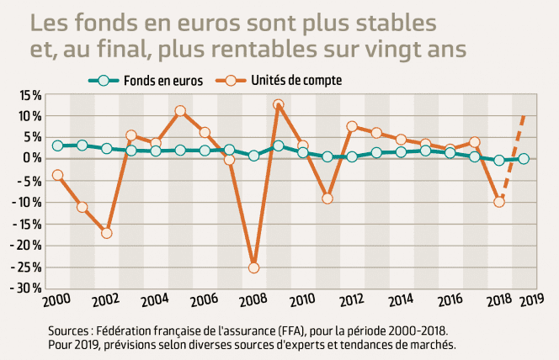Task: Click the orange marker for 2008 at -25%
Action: pos(253,267)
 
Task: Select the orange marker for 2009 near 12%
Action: pos(279,105)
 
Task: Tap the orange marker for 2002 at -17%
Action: pos(107,233)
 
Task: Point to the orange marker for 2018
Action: pos(499,202)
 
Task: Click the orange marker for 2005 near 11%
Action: pos(180,111)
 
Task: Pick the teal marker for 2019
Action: pos(524,159)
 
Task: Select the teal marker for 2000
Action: pos(57,146)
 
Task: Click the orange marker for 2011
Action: pos(327,199)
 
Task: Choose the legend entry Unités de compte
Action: pos(295,80)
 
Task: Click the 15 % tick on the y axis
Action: pos(30,94)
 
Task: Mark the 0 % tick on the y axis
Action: pos(34,159)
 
